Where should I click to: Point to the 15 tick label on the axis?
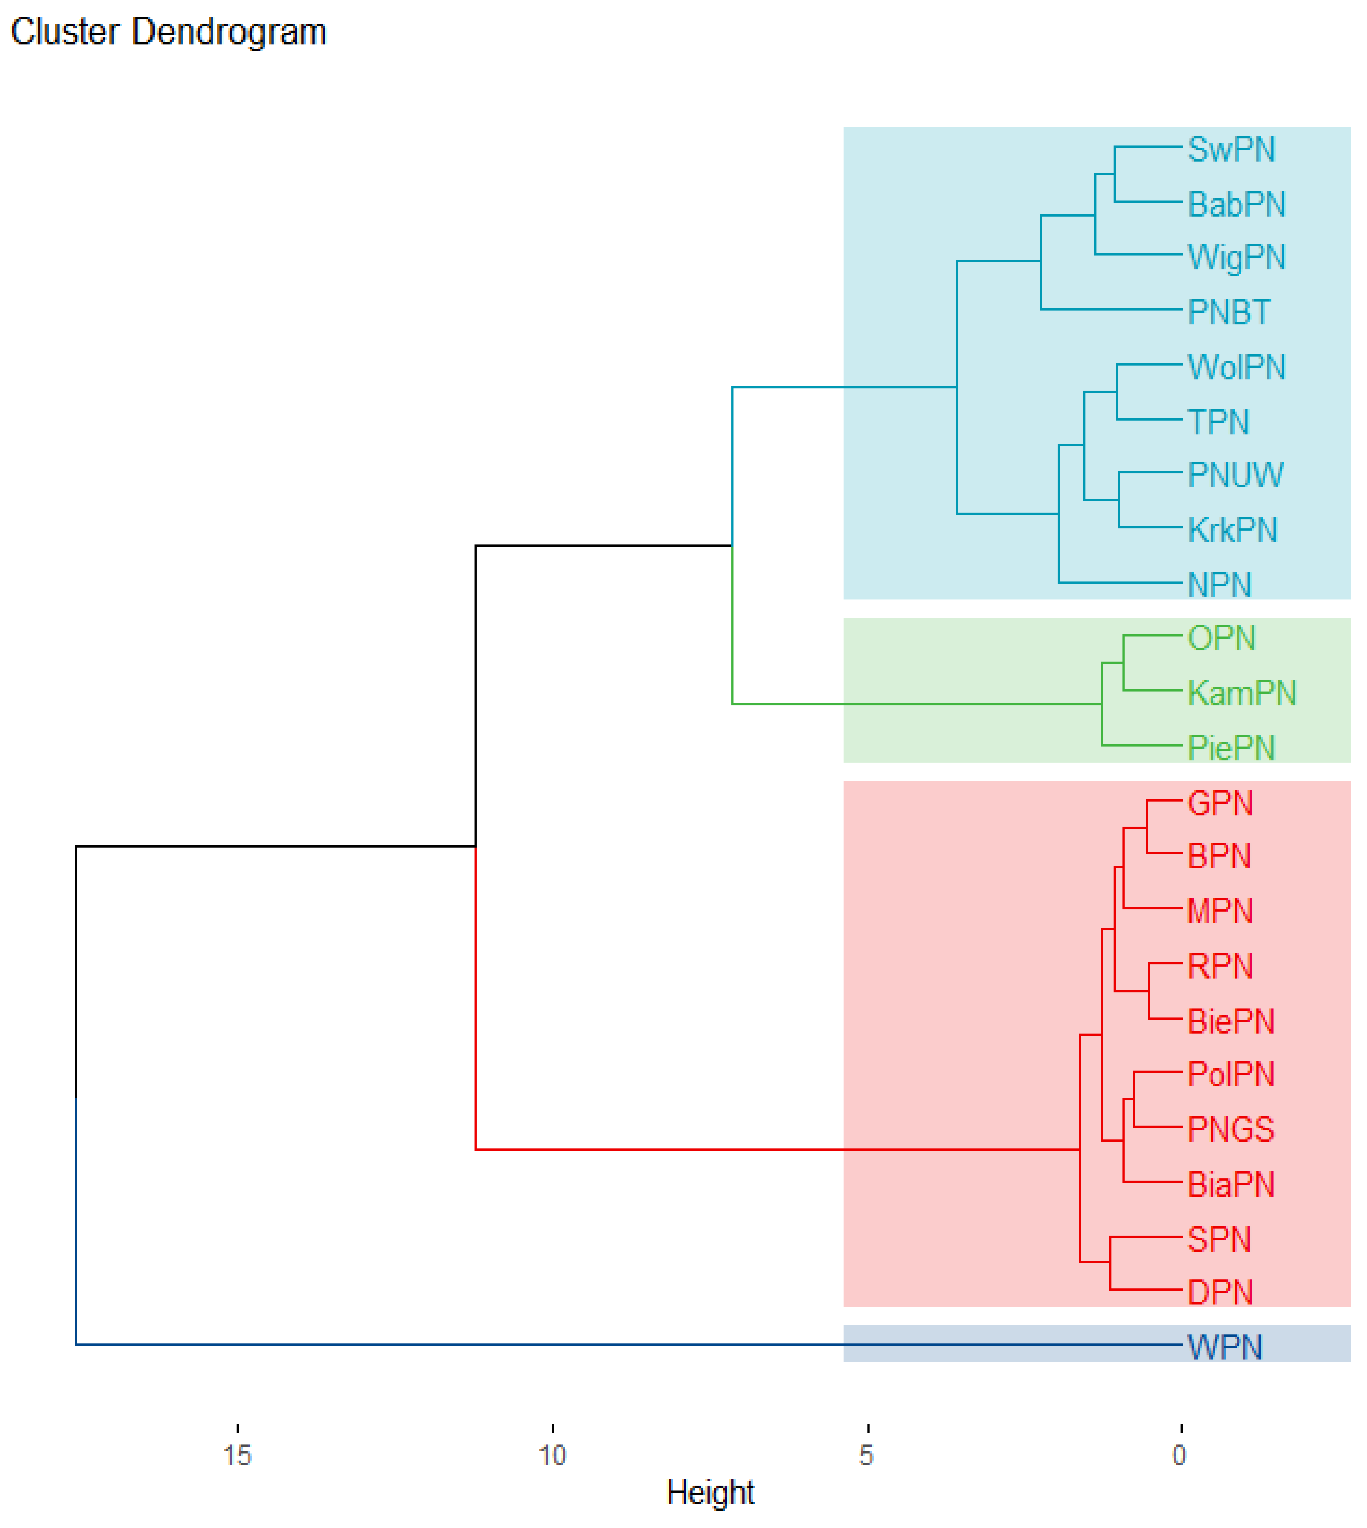coord(237,1455)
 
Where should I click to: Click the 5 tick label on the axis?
coord(867,1455)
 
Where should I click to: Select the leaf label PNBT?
coord(1229,313)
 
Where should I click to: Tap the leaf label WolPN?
coord(1236,367)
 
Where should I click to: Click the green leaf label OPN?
coord(1221,639)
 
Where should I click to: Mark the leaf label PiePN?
coord(1231,748)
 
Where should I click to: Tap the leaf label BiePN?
coord(1231,1022)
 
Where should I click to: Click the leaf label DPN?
coord(1220,1293)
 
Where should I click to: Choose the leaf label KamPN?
coord(1241,693)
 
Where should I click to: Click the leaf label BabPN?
coord(1236,204)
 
